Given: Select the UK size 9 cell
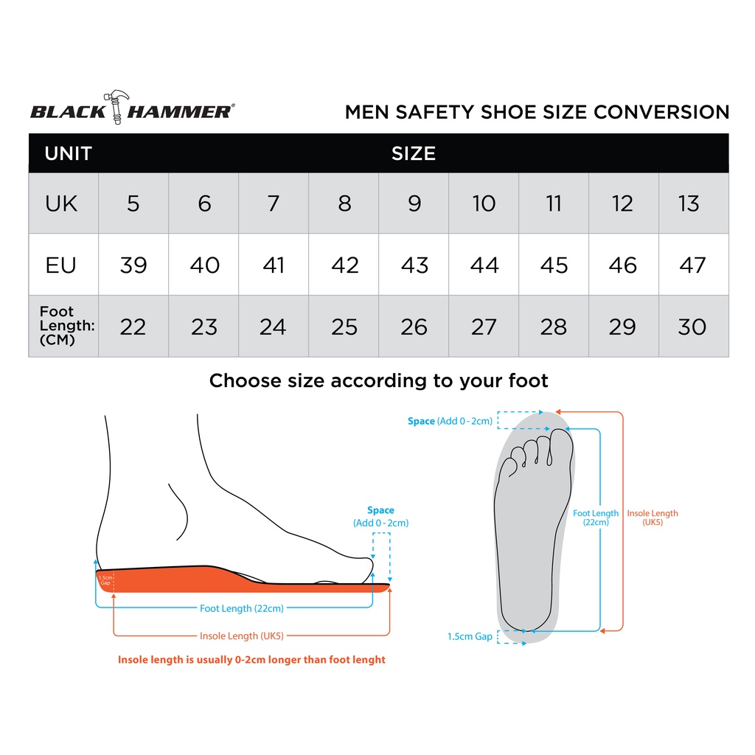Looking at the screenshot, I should tap(414, 203).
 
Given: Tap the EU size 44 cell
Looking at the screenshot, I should tap(484, 265).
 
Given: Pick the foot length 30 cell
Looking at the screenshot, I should tap(692, 327).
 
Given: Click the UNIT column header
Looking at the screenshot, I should tap(68, 153).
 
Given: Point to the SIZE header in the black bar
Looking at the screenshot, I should tap(414, 153).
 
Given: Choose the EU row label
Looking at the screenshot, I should tap(61, 265).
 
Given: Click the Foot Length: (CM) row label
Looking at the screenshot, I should tap(66, 326).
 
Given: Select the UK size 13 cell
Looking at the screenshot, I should tap(689, 203).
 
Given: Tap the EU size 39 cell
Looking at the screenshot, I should tap(133, 265).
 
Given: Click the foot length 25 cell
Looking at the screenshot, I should tap(344, 327).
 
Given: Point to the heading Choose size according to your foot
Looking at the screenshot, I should tap(378, 380).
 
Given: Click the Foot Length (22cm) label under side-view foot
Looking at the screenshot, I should tap(242, 608).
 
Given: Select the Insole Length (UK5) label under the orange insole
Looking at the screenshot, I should tap(242, 636).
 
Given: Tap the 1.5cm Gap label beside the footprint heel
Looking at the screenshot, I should tap(470, 636).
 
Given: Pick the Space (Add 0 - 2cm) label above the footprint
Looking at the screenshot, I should tap(450, 421).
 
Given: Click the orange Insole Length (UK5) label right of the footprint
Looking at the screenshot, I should tap(652, 517).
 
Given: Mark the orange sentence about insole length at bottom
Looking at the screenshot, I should tap(251, 660).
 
